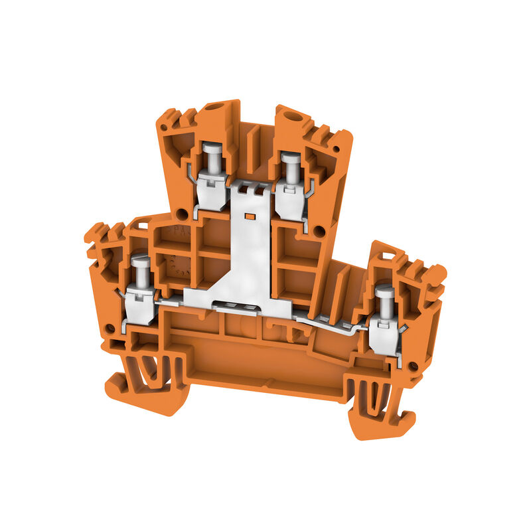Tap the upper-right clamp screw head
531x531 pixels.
pyautogui.click(x=289, y=159)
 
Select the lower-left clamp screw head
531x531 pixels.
pyautogui.click(x=140, y=262)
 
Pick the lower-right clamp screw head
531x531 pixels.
pyautogui.click(x=384, y=292)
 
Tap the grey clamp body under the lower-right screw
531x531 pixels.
pyautogui.click(x=384, y=335)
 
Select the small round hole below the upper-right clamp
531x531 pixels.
pyautogui.click(x=319, y=231)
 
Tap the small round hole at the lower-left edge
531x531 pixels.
pyautogui.click(x=108, y=327)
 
